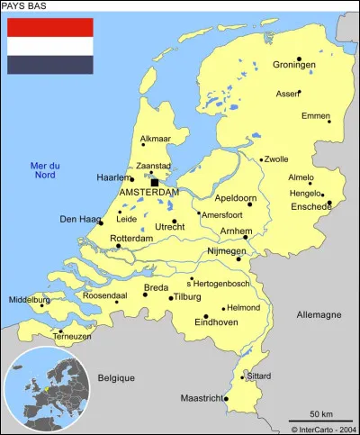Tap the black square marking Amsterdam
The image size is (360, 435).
(x=154, y=182)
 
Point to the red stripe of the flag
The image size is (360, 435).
(x=50, y=27)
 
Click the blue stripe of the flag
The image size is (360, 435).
(x=50, y=64)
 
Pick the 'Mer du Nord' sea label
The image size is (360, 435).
(x=44, y=170)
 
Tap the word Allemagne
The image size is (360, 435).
(x=319, y=315)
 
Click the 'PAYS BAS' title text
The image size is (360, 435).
(x=24, y=6)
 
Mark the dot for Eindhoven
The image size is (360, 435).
(x=206, y=316)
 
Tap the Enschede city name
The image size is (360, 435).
(x=310, y=206)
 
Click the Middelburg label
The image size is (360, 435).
(x=30, y=300)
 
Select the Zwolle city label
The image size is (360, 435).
(x=275, y=159)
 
